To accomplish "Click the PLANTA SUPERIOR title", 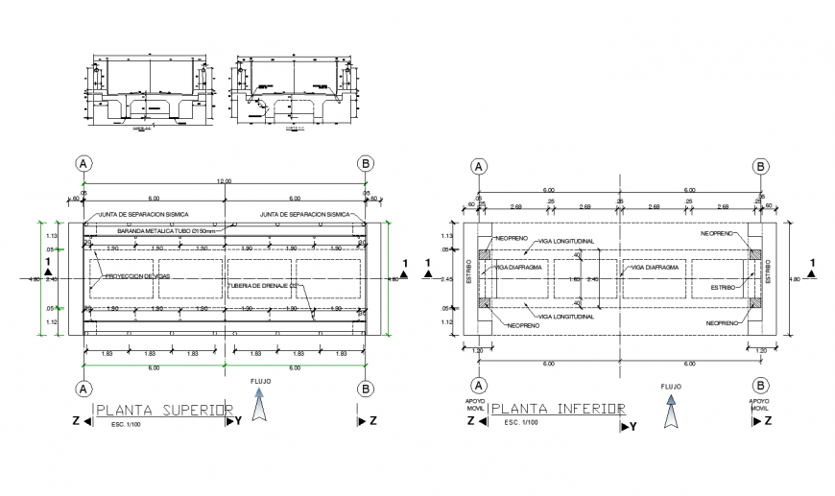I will pyautogui.click(x=164, y=411).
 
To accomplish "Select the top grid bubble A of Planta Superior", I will pyautogui.click(x=84, y=163).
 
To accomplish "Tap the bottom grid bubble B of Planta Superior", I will pyautogui.click(x=365, y=389).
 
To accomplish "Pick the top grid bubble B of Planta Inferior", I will pyautogui.click(x=760, y=166).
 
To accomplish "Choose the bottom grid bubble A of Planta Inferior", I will pyautogui.click(x=477, y=386).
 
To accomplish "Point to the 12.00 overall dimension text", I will pyautogui.click(x=225, y=180).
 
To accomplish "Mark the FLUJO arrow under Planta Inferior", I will pyautogui.click(x=671, y=408).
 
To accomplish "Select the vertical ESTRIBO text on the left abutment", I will pyautogui.click(x=469, y=272).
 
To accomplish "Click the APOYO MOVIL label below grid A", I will pyautogui.click(x=476, y=408).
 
